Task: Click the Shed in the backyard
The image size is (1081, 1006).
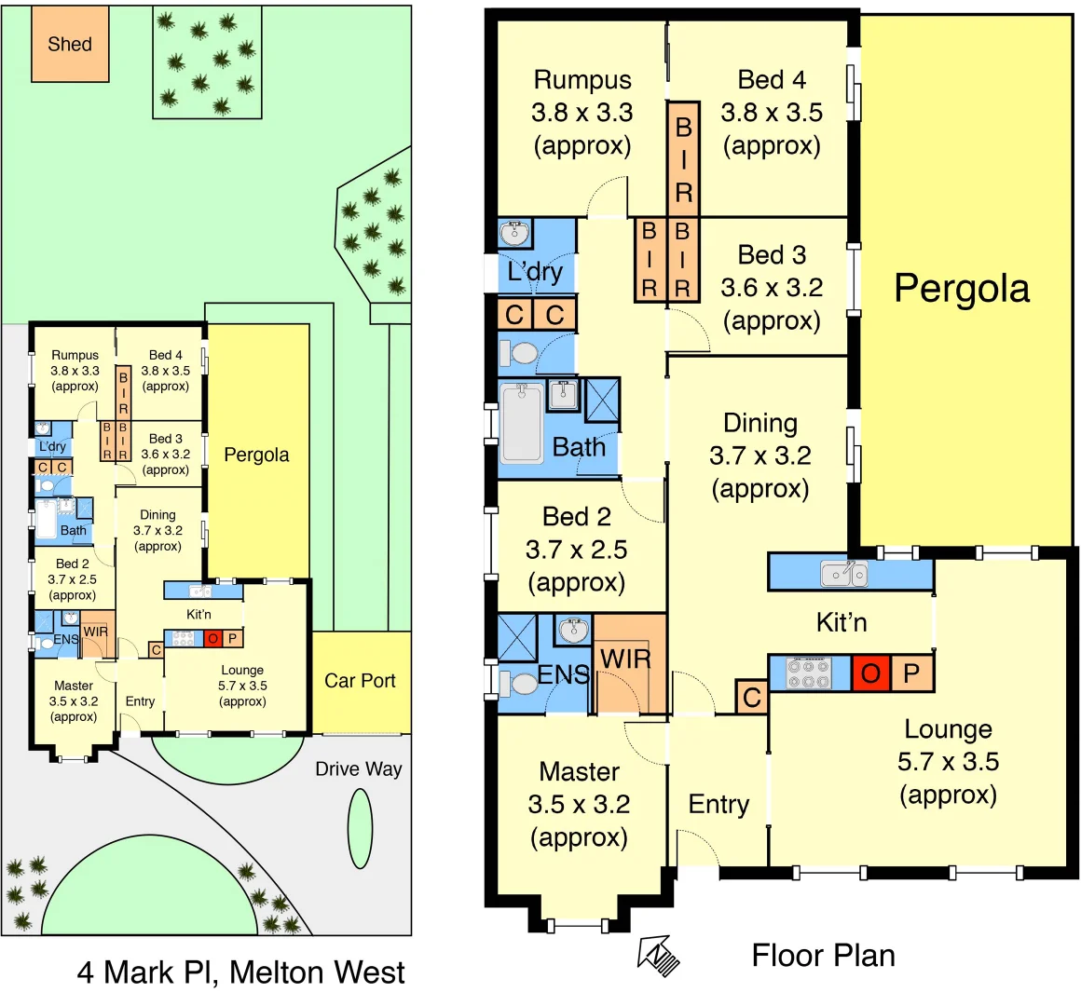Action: (x=70, y=44)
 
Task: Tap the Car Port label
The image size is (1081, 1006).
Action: (x=360, y=681)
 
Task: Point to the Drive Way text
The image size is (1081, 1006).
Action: (x=358, y=768)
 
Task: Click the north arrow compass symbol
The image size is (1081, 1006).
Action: (x=659, y=955)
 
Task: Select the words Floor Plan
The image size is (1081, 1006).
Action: (x=823, y=956)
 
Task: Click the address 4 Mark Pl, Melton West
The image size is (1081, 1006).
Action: (x=240, y=972)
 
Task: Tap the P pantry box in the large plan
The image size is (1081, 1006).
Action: (x=912, y=673)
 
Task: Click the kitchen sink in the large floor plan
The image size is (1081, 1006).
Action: (x=844, y=573)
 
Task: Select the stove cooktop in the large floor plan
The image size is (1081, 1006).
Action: (x=809, y=673)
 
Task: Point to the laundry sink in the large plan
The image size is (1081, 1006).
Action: (x=514, y=232)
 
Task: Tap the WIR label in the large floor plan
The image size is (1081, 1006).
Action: (x=625, y=659)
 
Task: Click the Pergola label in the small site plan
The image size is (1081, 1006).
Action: (x=256, y=455)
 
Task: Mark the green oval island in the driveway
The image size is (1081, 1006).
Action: (x=360, y=829)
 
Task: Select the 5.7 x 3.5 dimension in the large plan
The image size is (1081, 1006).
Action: (x=948, y=762)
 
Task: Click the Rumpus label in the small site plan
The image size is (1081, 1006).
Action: (x=75, y=355)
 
